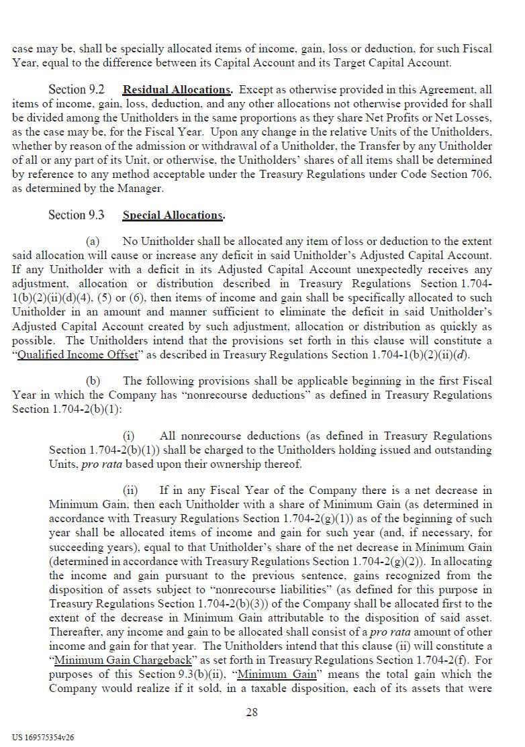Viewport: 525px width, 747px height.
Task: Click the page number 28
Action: pyautogui.click(x=252, y=712)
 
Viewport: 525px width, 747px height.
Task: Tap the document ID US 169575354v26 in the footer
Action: pyautogui.click(x=43, y=737)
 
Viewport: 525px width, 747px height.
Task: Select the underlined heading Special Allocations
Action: pyautogui.click(x=173, y=215)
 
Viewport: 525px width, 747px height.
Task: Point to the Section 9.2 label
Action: pyautogui.click(x=77, y=90)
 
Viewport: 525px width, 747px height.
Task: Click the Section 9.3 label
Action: pyautogui.click(x=77, y=215)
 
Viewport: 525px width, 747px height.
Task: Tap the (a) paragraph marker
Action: pyautogui.click(x=93, y=241)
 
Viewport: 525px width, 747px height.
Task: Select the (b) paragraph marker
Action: pyautogui.click(x=93, y=381)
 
